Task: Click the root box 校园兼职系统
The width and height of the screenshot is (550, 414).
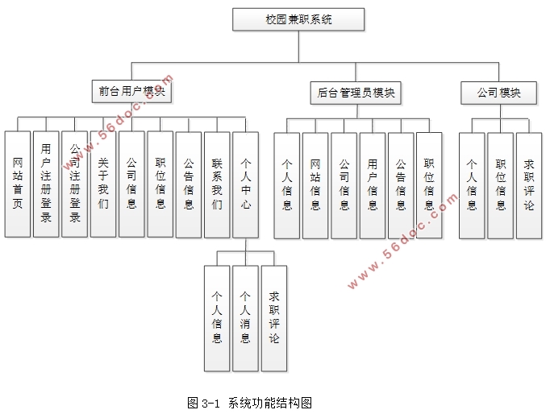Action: point(298,19)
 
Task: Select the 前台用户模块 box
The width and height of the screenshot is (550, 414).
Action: point(131,92)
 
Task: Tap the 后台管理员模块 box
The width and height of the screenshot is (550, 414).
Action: point(356,93)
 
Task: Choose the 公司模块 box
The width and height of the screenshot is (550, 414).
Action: point(499,93)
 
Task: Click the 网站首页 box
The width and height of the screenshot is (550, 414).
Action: point(18,184)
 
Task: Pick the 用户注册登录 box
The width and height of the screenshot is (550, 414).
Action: point(46,184)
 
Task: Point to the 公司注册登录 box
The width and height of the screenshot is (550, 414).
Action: point(74,184)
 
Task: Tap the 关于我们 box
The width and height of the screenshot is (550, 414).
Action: point(103,184)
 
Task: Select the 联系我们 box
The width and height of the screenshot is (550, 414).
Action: point(217,184)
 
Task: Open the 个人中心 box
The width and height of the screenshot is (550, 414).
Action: point(245,184)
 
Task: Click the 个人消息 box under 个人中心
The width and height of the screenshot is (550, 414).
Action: point(245,317)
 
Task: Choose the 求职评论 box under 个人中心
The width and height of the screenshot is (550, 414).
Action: point(274,317)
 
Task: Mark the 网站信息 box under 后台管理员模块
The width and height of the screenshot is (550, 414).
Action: point(315,184)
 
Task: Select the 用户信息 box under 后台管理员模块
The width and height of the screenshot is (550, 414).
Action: point(373,184)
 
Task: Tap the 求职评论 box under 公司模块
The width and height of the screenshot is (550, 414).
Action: point(528,184)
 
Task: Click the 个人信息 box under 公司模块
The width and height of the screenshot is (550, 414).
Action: point(472,184)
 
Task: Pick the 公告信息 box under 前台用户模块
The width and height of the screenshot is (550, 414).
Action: point(189,184)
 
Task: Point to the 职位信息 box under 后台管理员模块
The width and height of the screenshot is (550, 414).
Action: point(429,184)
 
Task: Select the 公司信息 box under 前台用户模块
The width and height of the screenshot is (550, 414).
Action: point(131,184)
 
